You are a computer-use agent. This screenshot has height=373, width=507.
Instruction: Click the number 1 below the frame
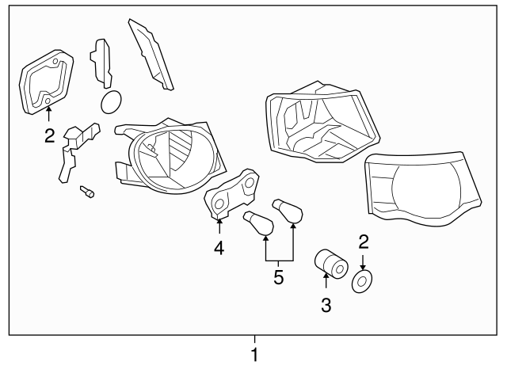[254, 356]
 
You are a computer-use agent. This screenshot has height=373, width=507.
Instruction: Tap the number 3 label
[326, 305]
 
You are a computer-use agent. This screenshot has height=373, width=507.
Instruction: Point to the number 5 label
[278, 279]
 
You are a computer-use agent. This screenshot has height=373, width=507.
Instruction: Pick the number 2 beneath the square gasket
[49, 136]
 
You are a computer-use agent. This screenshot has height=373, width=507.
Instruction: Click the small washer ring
[364, 280]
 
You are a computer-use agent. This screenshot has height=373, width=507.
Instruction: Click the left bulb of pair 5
[258, 224]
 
